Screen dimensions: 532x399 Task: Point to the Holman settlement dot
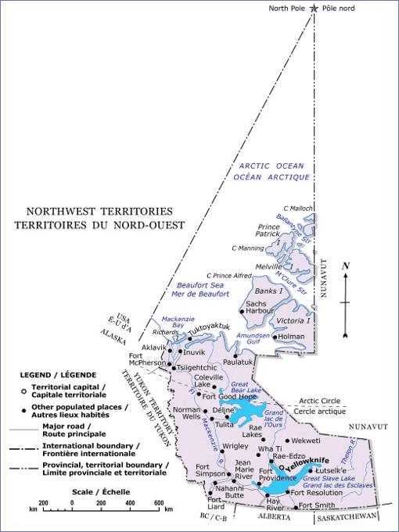(274, 337)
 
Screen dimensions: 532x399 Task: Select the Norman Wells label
(186, 414)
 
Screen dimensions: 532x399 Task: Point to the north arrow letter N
(345, 266)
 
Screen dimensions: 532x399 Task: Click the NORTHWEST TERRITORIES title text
(99, 211)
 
